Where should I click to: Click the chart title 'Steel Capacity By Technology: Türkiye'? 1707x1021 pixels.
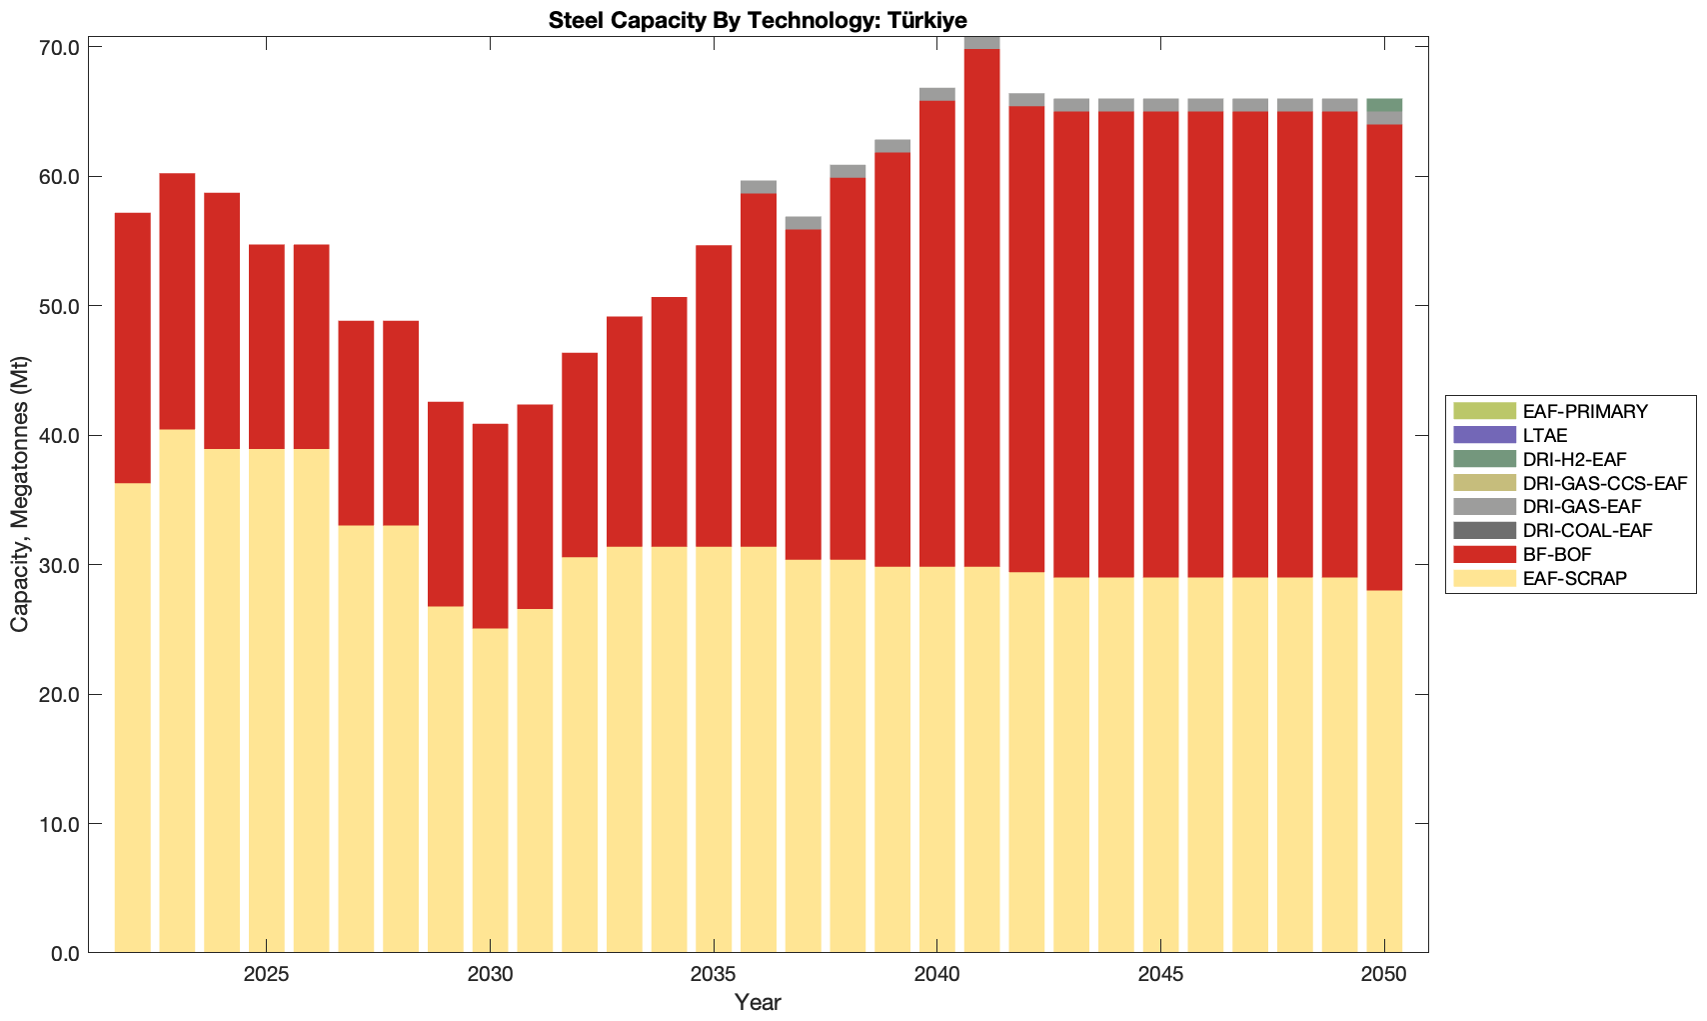coord(758,20)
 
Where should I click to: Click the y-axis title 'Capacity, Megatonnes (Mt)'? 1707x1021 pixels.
coord(20,494)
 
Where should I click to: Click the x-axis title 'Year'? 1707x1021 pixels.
coord(758,1002)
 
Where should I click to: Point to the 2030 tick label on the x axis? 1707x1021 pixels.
coord(490,975)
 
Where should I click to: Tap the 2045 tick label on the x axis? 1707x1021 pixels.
coord(1160,975)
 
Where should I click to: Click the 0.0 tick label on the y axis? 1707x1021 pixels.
coord(65,953)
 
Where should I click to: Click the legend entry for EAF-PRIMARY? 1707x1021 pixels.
coord(1585,411)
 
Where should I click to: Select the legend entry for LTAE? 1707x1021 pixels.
coord(1545,435)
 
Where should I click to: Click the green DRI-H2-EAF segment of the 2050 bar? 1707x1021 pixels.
coord(1384,105)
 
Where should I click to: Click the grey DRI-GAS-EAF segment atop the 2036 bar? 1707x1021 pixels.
coord(759,187)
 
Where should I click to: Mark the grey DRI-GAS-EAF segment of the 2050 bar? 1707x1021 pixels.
coord(1384,118)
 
